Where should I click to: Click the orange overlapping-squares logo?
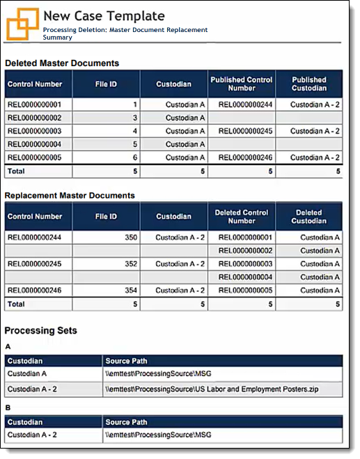point(22,24)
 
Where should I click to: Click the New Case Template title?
point(104,15)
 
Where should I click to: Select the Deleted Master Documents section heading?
point(62,63)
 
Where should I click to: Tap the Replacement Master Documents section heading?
point(70,195)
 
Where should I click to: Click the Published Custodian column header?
point(309,84)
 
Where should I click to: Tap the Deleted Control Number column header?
point(242,217)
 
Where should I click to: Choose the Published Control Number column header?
point(242,84)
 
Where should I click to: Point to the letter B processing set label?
point(8,408)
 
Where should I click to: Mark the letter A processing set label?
point(8,346)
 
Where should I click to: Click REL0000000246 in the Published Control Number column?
point(242,157)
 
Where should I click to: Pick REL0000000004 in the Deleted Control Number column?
point(242,277)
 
